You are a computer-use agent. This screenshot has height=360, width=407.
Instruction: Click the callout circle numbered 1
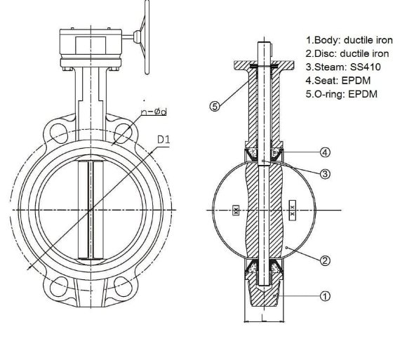(x=325, y=295)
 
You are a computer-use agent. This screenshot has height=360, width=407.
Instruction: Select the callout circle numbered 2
(x=325, y=260)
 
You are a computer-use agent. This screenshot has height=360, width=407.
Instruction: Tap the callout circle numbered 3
(x=325, y=173)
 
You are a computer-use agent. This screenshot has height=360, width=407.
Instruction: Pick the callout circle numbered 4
(x=325, y=152)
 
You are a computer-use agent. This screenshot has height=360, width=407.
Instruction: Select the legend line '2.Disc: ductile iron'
(x=349, y=53)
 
